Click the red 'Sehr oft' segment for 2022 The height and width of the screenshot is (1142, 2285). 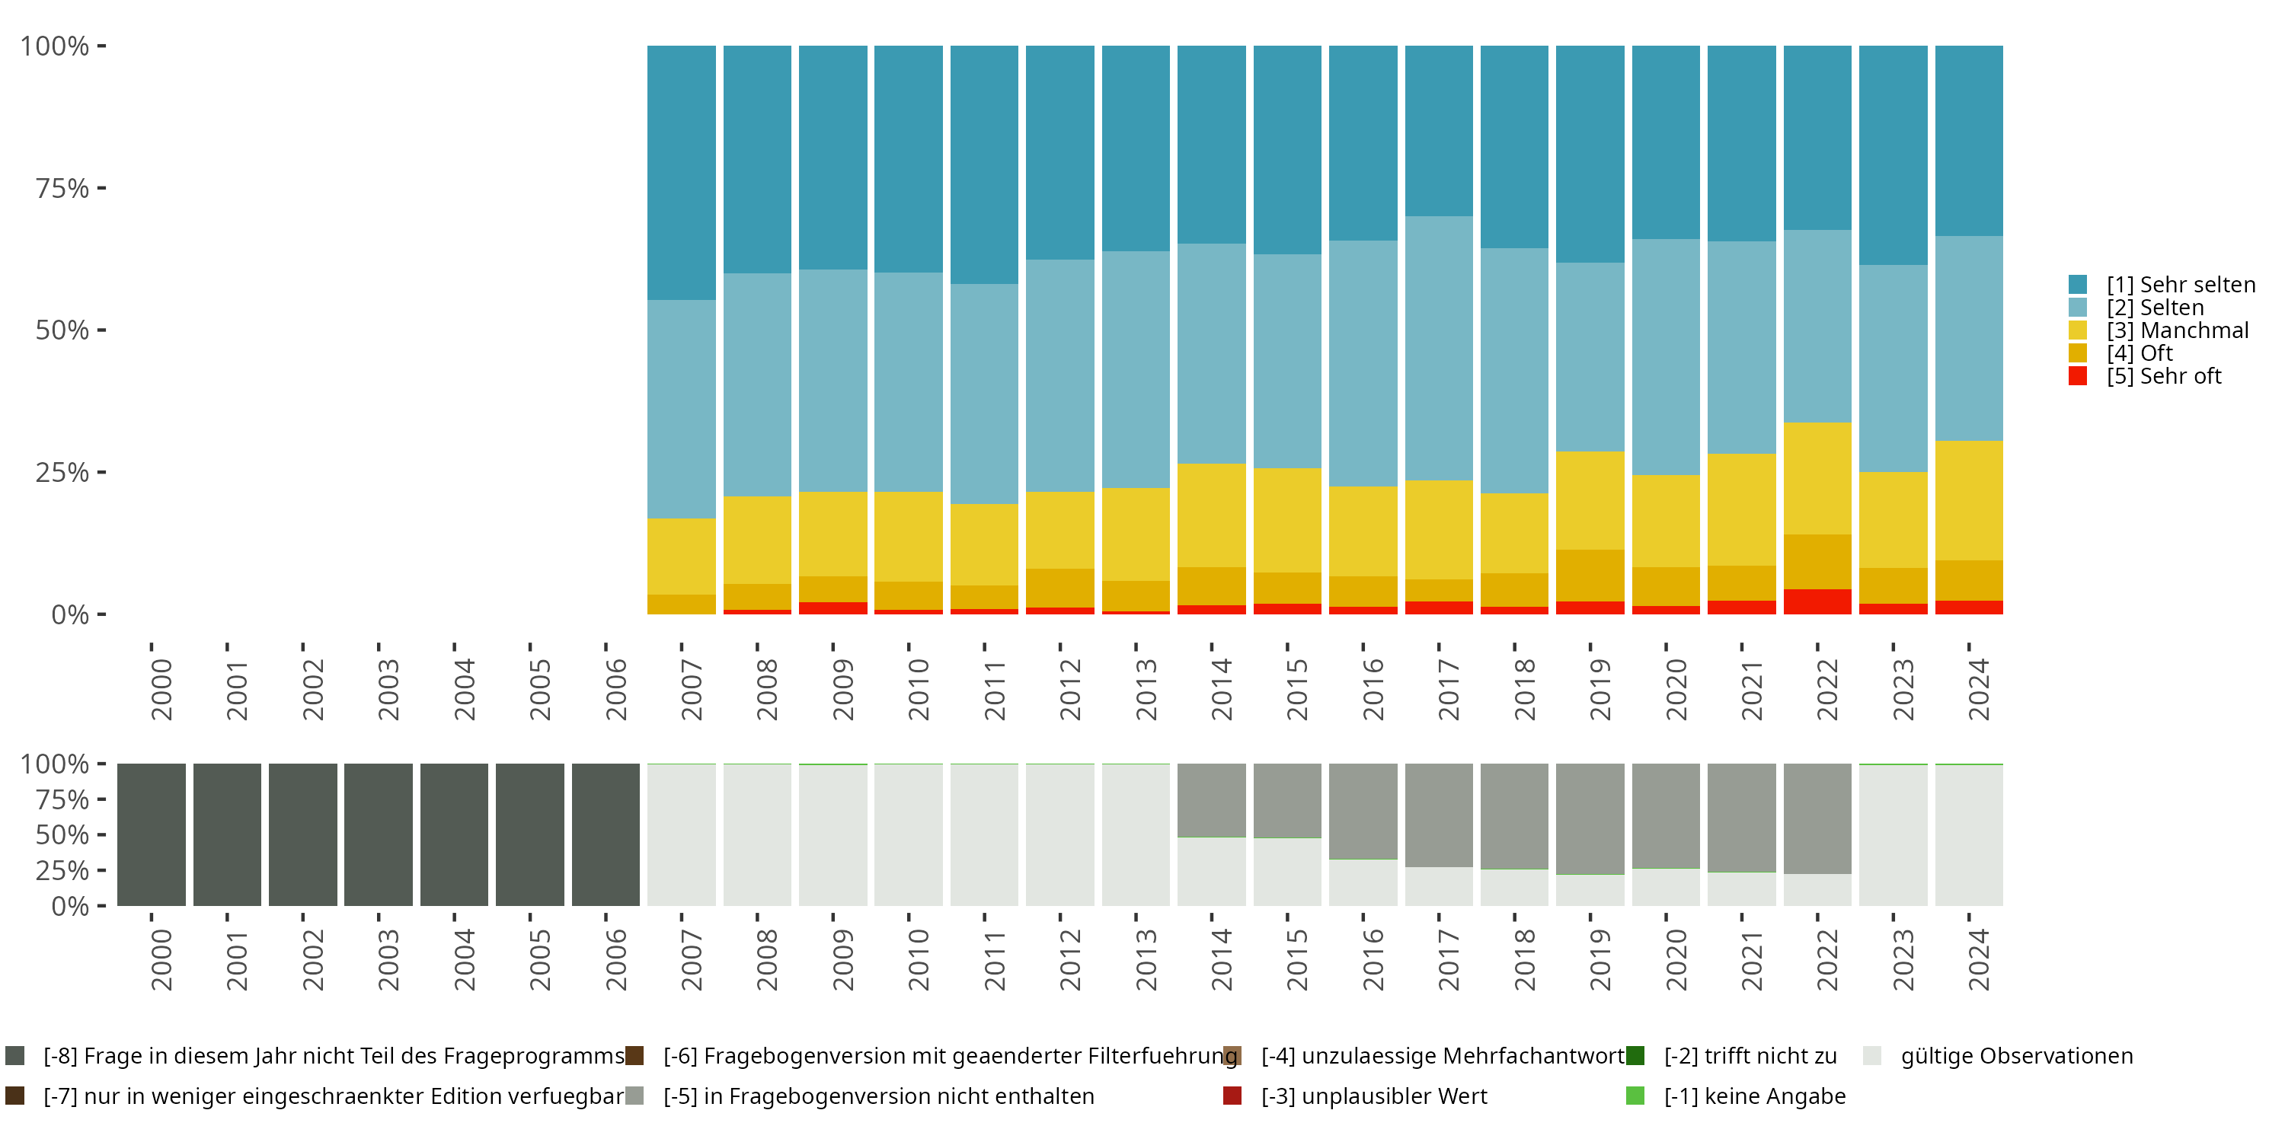pos(1817,601)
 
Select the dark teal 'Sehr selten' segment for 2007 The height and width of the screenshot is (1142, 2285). pos(681,173)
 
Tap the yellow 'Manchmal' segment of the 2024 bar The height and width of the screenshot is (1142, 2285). pos(1968,500)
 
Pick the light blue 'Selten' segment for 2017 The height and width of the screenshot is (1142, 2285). pos(1439,349)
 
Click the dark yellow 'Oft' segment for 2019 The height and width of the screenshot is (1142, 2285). pos(1590,576)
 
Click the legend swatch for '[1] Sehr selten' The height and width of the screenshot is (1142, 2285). pos(2077,285)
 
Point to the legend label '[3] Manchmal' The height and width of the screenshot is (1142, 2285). pos(2178,330)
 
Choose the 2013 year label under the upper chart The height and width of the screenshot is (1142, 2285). pos(1147,689)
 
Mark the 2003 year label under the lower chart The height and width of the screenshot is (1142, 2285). pos(388,960)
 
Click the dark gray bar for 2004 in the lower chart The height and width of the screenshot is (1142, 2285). pos(454,834)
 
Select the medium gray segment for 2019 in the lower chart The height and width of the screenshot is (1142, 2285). pos(1590,819)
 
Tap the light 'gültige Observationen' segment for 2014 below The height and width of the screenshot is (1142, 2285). pos(1212,872)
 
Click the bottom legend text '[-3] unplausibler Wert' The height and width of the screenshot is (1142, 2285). pos(1374,1096)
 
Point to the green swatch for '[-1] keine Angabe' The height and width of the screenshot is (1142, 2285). pos(1635,1096)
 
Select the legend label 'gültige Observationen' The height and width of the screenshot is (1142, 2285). pos(2017,1056)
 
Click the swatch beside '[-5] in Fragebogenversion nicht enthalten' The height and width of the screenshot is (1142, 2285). pos(634,1096)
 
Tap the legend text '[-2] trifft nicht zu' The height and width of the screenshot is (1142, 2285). pos(1750,1056)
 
